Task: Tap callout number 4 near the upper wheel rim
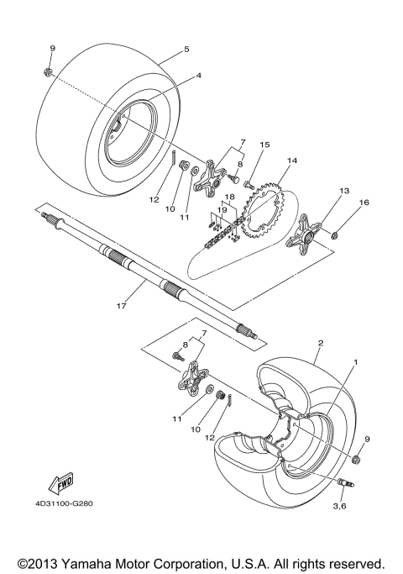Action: [199, 76]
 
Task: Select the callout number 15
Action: [240, 145]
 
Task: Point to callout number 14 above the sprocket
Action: [270, 160]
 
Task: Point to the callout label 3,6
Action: [340, 506]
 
